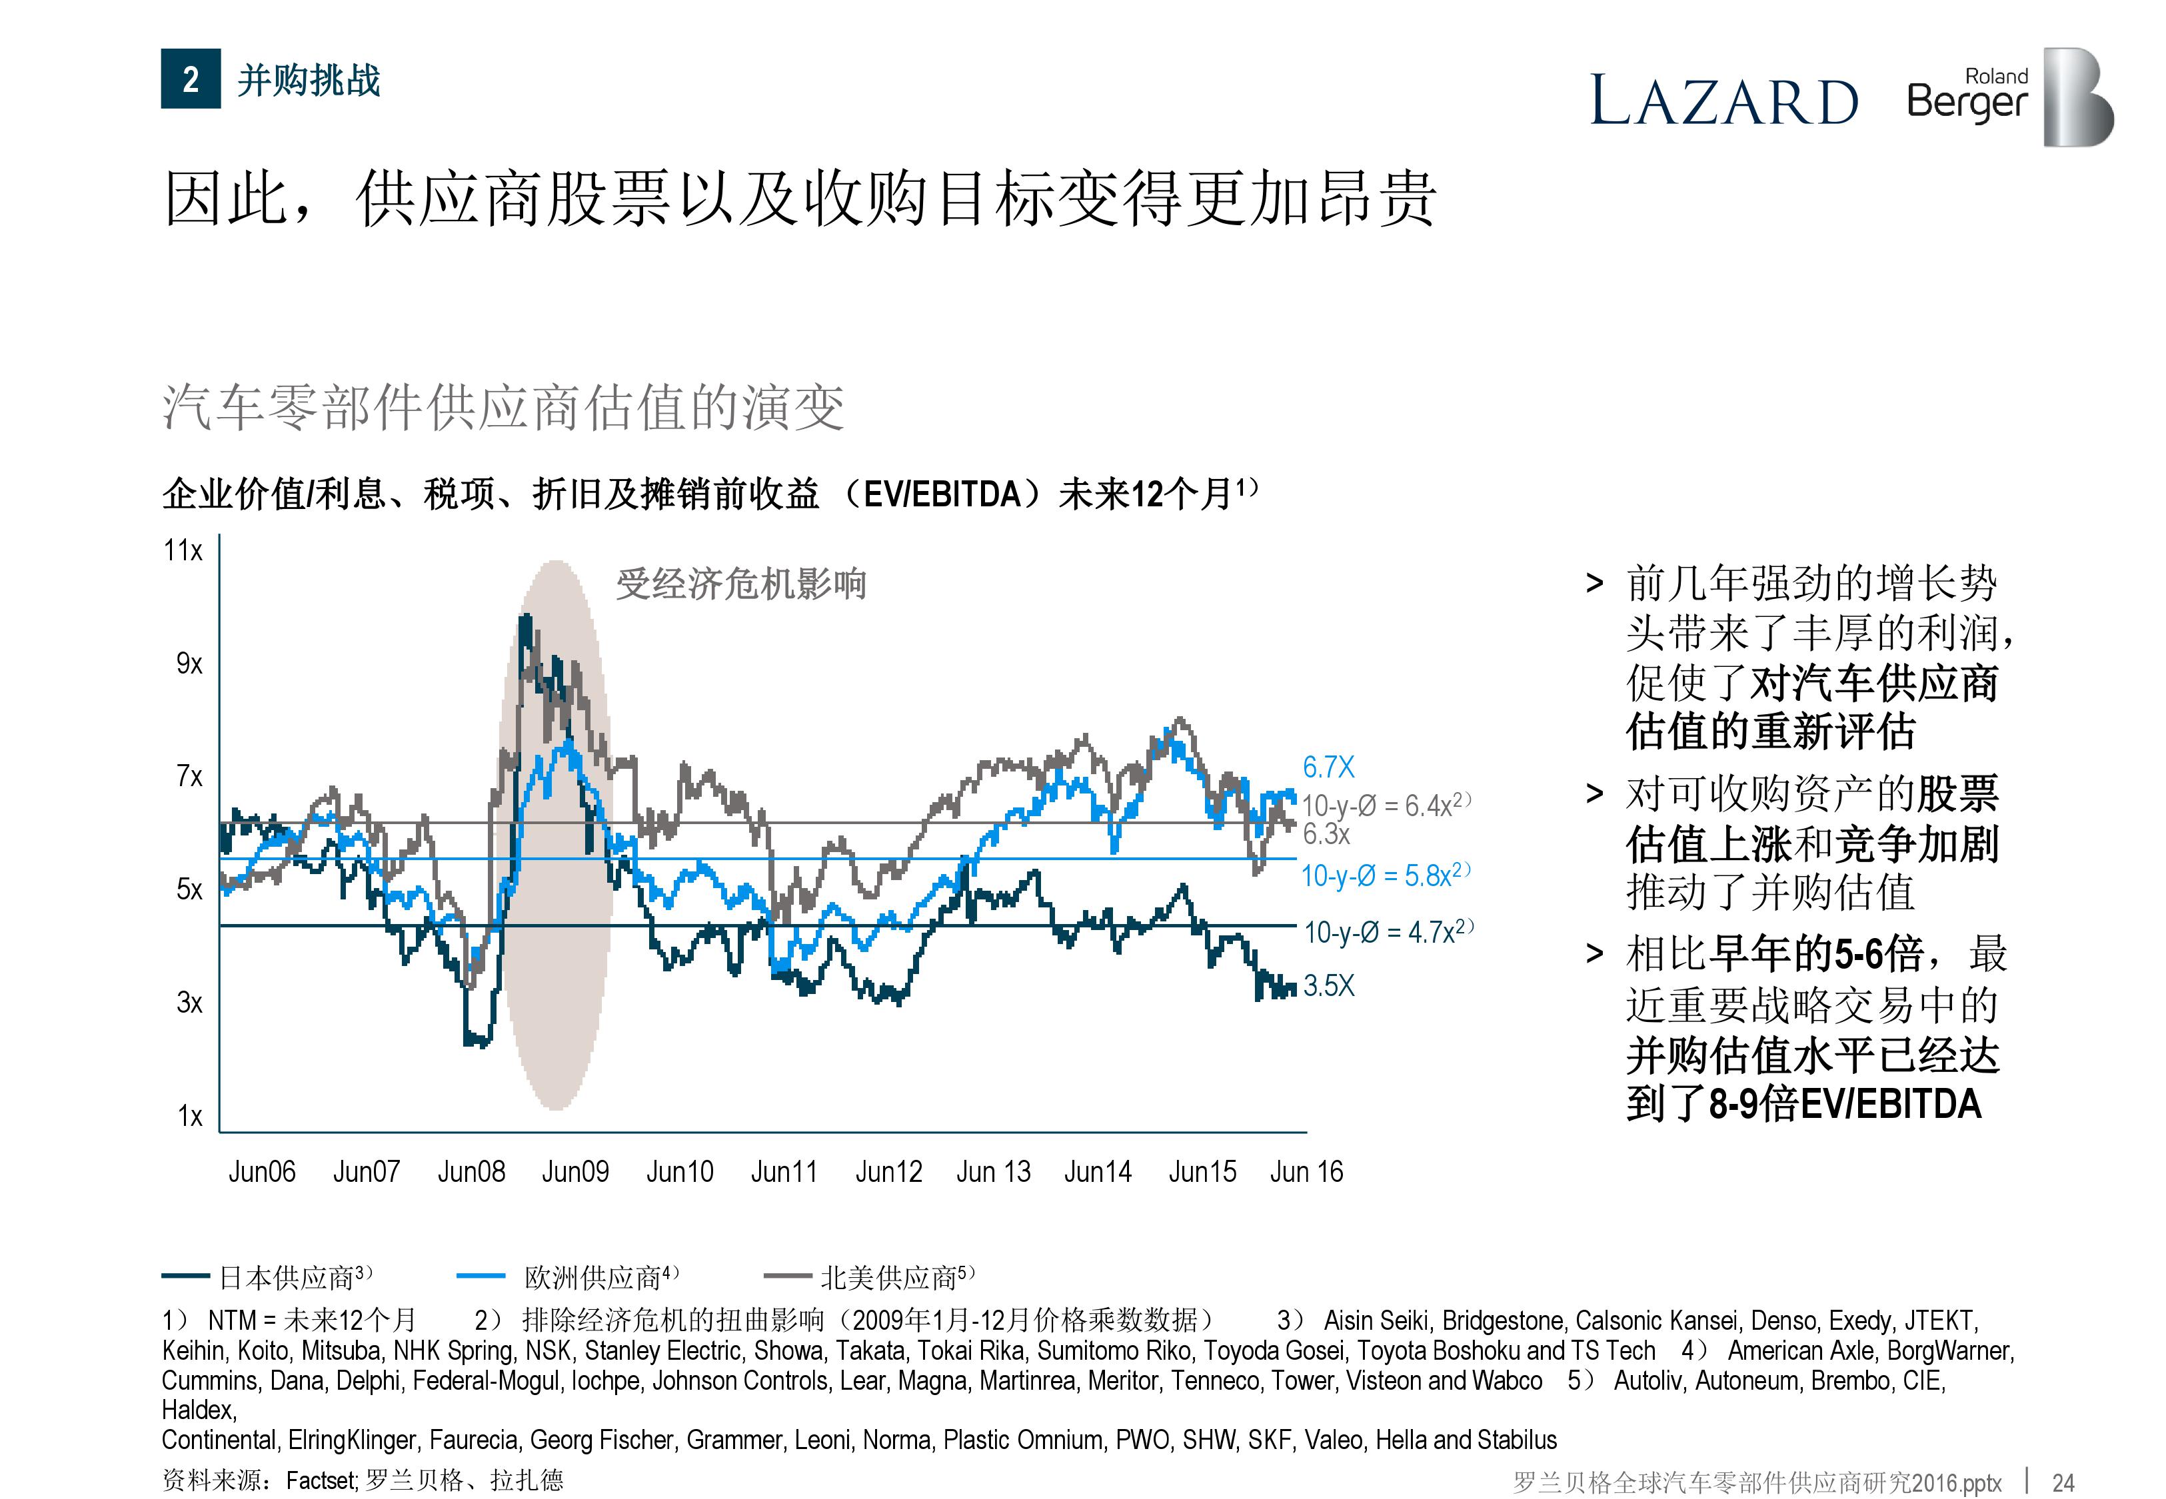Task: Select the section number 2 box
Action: pos(191,79)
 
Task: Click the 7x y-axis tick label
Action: pos(189,777)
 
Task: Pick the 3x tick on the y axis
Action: pos(189,1003)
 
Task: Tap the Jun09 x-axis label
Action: pos(575,1172)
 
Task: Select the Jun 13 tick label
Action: pos(993,1172)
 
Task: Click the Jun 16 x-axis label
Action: pos(1306,1172)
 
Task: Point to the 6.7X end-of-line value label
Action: pos(1328,767)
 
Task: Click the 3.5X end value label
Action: pos(1328,985)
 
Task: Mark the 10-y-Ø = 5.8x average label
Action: pos(1384,875)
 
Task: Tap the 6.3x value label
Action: pos(1326,834)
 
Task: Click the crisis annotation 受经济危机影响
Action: pos(740,584)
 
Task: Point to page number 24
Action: pos(2063,1483)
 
